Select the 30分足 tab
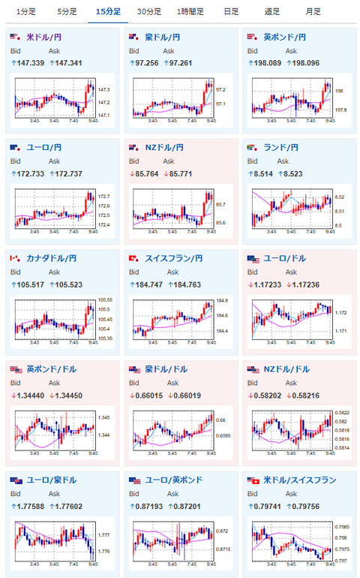(x=149, y=11)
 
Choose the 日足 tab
(x=232, y=11)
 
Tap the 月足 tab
(x=313, y=11)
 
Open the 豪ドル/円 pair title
(x=164, y=37)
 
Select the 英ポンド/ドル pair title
(x=52, y=369)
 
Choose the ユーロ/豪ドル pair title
(x=52, y=480)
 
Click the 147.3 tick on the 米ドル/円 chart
(x=104, y=89)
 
